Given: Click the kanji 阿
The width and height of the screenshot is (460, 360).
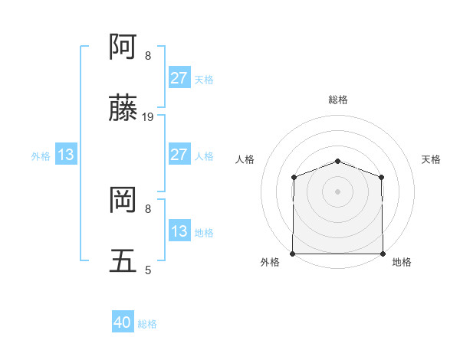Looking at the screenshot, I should click(x=123, y=47).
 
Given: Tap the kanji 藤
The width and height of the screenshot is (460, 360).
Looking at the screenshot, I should click(x=123, y=110).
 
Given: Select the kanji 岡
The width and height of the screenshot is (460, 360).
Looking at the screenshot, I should click(x=123, y=201).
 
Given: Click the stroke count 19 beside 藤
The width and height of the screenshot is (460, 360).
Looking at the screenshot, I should click(x=149, y=117).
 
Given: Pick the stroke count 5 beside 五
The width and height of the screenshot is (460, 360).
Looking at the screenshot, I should click(x=148, y=270).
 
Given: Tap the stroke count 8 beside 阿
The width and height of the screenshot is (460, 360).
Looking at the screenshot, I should click(x=148, y=55).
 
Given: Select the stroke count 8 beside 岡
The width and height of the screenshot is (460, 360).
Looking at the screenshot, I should click(x=148, y=208).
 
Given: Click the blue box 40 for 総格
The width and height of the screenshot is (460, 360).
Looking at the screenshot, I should click(x=123, y=323).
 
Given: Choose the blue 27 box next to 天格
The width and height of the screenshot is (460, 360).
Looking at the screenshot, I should click(x=179, y=78).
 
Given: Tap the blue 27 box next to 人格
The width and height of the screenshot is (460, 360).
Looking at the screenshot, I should click(x=179, y=155).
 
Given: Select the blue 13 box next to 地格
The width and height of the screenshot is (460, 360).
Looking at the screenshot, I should click(x=179, y=231).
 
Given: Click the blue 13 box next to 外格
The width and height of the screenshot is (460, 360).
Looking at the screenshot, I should click(x=66, y=155).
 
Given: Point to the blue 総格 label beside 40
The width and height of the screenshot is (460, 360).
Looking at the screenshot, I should click(x=147, y=324).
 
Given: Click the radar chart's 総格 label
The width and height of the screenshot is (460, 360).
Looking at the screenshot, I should click(x=337, y=100).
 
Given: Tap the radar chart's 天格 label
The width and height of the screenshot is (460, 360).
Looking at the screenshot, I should click(x=431, y=159).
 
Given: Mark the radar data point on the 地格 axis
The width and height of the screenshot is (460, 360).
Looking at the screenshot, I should click(x=383, y=254).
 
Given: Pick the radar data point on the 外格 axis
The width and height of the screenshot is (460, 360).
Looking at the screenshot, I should click(x=293, y=254).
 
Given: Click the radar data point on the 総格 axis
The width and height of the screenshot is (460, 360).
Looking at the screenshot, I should click(x=337, y=161).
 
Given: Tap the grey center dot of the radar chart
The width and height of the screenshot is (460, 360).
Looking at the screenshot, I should click(x=337, y=191).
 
